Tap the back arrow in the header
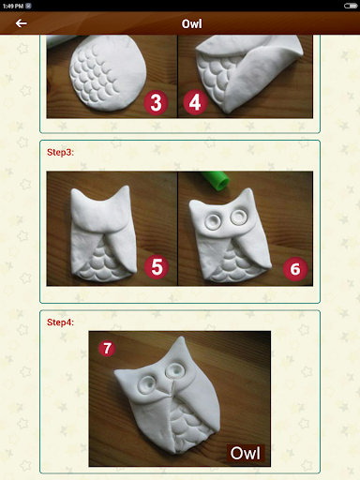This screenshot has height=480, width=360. [21, 23]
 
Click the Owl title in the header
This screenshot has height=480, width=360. [192, 23]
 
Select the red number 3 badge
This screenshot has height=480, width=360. [156, 103]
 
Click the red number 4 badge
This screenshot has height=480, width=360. [195, 102]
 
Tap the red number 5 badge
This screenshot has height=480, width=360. [157, 267]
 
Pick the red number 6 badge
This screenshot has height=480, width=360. [295, 269]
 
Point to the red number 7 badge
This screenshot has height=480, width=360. [107, 348]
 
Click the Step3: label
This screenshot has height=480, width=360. [60, 152]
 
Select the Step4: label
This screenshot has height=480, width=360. [60, 322]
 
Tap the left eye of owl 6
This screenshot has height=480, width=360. [213, 221]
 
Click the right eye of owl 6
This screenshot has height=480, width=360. [239, 217]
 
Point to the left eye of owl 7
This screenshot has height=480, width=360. [146, 385]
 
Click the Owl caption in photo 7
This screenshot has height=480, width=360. [246, 453]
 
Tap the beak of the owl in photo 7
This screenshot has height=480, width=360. [169, 390]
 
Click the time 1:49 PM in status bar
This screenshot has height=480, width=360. [13, 6]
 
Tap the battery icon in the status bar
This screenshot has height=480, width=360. [351, 6]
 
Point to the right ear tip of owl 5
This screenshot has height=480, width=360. [127, 187]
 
